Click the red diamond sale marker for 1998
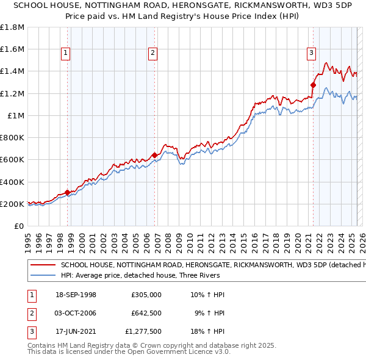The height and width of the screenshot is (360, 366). [x=67, y=192]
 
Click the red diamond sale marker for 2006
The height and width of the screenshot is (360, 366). [x=154, y=155]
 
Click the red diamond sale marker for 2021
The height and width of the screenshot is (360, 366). [x=313, y=85]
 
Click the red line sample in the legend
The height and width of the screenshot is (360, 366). [x=42, y=265]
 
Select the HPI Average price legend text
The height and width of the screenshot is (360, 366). [x=138, y=275]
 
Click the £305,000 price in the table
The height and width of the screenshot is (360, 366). [x=146, y=294]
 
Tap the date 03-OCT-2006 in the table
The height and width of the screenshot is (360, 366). [x=75, y=313]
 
